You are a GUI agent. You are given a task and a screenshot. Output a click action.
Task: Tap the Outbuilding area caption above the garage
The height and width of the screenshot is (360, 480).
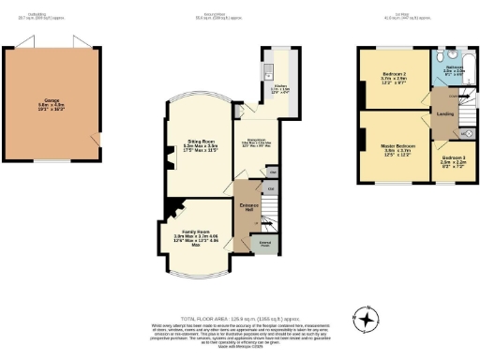tap(52, 16)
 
